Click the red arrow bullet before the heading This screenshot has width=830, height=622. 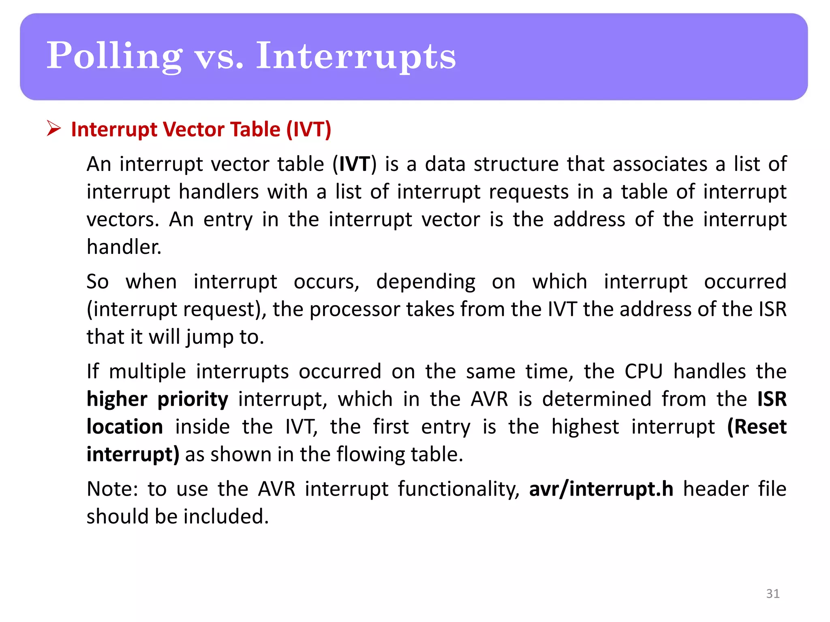click(x=53, y=129)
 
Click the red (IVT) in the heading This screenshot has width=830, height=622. click(x=309, y=130)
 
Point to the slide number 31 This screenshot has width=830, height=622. click(x=773, y=594)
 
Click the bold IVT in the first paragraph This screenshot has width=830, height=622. click(x=354, y=164)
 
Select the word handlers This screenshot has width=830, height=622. click(x=218, y=192)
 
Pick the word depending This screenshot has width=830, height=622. click(x=426, y=282)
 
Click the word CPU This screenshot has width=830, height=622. click(x=644, y=371)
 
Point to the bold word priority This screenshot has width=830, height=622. click(x=193, y=400)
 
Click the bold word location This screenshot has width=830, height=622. click(x=125, y=427)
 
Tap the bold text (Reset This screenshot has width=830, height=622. click(x=757, y=427)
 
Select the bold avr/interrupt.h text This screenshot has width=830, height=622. click(x=601, y=489)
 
